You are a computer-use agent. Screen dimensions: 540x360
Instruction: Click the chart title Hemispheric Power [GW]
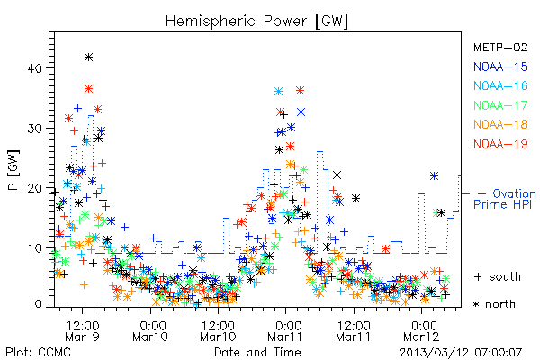pyautogui.click(x=256, y=22)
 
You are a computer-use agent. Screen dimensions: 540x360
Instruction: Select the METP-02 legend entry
pyautogui.click(x=500, y=47)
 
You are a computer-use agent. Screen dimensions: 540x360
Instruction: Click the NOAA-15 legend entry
pyautogui.click(x=500, y=67)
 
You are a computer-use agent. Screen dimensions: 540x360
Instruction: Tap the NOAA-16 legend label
pyautogui.click(x=500, y=85)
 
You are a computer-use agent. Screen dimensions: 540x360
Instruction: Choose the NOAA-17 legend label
pyautogui.click(x=500, y=105)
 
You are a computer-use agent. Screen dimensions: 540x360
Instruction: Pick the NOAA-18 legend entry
pyautogui.click(x=500, y=124)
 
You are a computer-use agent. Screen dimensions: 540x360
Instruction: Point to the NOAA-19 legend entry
pyautogui.click(x=500, y=144)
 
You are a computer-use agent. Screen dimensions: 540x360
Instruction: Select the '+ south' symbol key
pyautogui.click(x=497, y=276)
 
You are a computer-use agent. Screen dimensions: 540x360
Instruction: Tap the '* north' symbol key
pyautogui.click(x=494, y=304)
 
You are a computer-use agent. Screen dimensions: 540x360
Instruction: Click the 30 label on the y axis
pyautogui.click(x=35, y=129)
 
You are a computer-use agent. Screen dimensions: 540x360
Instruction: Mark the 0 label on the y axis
pyautogui.click(x=39, y=304)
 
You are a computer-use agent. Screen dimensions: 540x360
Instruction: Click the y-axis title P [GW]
pyautogui.click(x=13, y=170)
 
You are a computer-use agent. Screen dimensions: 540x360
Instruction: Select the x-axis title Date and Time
pyautogui.click(x=257, y=352)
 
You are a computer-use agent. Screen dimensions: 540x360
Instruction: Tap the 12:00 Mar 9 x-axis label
pyautogui.click(x=82, y=331)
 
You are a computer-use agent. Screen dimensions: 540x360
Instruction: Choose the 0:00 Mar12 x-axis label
pyautogui.click(x=421, y=331)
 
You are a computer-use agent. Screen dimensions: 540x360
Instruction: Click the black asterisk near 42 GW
pyautogui.click(x=88, y=58)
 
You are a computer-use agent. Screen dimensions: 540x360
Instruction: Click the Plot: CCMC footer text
pyautogui.click(x=38, y=352)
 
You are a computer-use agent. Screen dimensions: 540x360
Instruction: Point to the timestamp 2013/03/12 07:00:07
pyautogui.click(x=461, y=353)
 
